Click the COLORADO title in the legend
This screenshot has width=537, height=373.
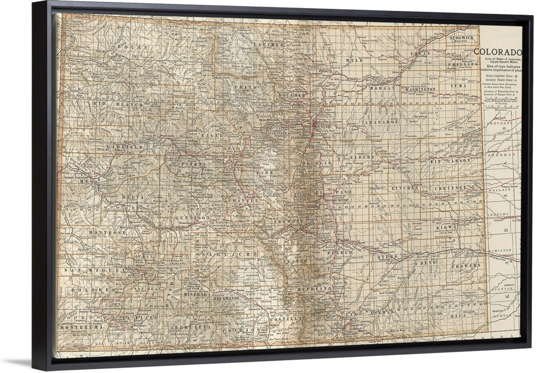pos(497,52)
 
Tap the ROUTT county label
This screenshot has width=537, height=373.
pos(135,48)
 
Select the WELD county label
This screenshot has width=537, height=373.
pos(355,61)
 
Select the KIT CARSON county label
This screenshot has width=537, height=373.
pos(450,160)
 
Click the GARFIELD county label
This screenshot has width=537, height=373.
pos(125,146)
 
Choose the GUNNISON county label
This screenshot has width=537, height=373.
pos(192,218)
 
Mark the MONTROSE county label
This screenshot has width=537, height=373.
pos(107,232)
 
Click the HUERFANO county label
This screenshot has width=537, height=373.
pos(317,289)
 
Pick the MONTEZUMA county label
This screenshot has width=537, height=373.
pos(80,327)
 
